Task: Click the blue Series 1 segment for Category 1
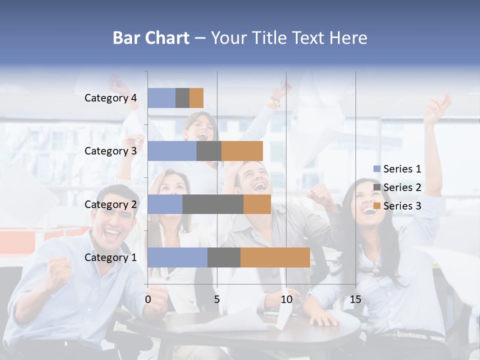point(177,257)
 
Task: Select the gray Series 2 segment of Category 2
point(213,204)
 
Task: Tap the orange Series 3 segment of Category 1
point(275,257)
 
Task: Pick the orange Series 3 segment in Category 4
point(196,98)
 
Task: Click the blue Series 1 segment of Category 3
point(172,151)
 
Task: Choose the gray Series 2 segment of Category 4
point(182,98)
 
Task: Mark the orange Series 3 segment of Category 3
point(242,151)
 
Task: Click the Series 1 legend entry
point(397,169)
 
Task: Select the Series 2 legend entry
point(397,187)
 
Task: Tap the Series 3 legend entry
point(397,206)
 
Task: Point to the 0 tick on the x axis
point(148,299)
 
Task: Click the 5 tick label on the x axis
point(217,299)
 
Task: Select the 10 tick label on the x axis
point(286,299)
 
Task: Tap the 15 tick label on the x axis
point(355,299)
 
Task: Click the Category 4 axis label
point(110,98)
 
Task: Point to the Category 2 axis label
point(110,204)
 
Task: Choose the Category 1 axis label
point(110,257)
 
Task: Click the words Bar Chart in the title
point(151,38)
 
